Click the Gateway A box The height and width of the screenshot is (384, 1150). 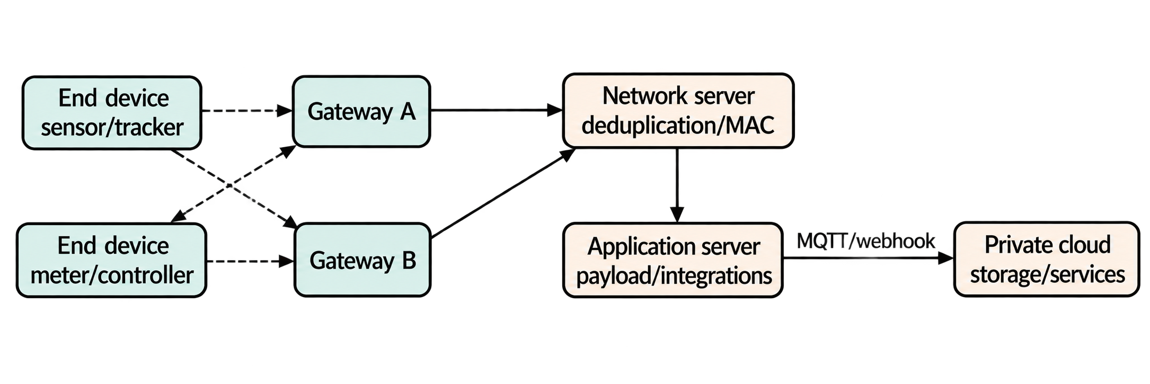pyautogui.click(x=361, y=111)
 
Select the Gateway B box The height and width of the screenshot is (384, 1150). pyautogui.click(x=362, y=260)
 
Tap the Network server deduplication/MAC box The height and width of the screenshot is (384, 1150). pyautogui.click(x=678, y=110)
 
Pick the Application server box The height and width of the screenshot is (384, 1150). pyautogui.click(x=673, y=260)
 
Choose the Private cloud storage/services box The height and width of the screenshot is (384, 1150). pyautogui.click(x=1047, y=260)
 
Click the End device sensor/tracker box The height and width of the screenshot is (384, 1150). pyautogui.click(x=112, y=112)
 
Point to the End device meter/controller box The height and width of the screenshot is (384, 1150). pyautogui.click(x=111, y=260)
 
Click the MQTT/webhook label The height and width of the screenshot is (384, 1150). pyautogui.click(x=866, y=241)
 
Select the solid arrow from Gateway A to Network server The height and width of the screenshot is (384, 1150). pyautogui.click(x=496, y=110)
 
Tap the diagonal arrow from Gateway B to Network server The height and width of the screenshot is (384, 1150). pyautogui.click(x=503, y=193)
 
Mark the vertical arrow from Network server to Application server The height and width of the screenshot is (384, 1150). pyautogui.click(x=677, y=185)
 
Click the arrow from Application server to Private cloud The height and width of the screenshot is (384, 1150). pyautogui.click(x=868, y=258)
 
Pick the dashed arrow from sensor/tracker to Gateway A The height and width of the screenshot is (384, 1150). pyautogui.click(x=247, y=111)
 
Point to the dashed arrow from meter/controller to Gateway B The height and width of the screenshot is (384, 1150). pyautogui.click(x=250, y=261)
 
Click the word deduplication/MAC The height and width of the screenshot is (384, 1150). pyautogui.click(x=678, y=126)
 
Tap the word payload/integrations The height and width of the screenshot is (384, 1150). pyautogui.click(x=674, y=275)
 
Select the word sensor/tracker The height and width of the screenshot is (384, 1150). pyautogui.click(x=112, y=128)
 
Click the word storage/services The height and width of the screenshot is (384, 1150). pyautogui.click(x=1047, y=274)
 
